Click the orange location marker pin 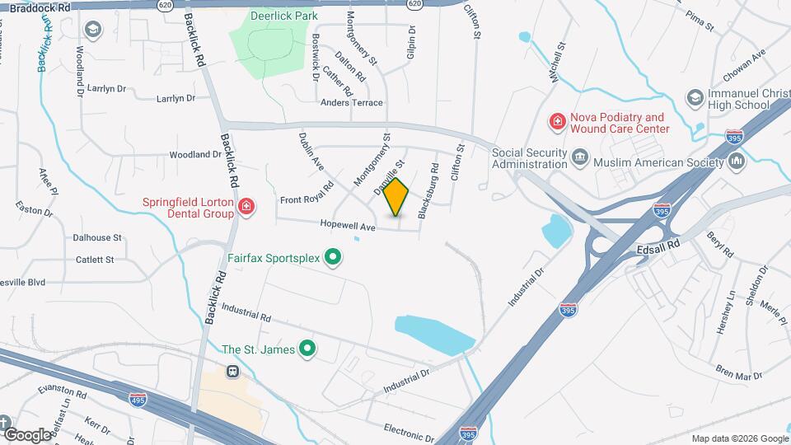[x=396, y=197]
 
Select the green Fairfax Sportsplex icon [x=333, y=259]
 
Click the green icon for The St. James [x=308, y=349]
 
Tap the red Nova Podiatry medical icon [x=557, y=123]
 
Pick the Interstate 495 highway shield [x=138, y=399]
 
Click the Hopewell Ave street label [x=349, y=227]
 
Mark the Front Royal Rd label [x=306, y=199]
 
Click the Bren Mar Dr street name [x=739, y=376]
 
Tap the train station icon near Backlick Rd [x=233, y=371]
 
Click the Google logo [x=26, y=434]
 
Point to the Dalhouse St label [x=97, y=237]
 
